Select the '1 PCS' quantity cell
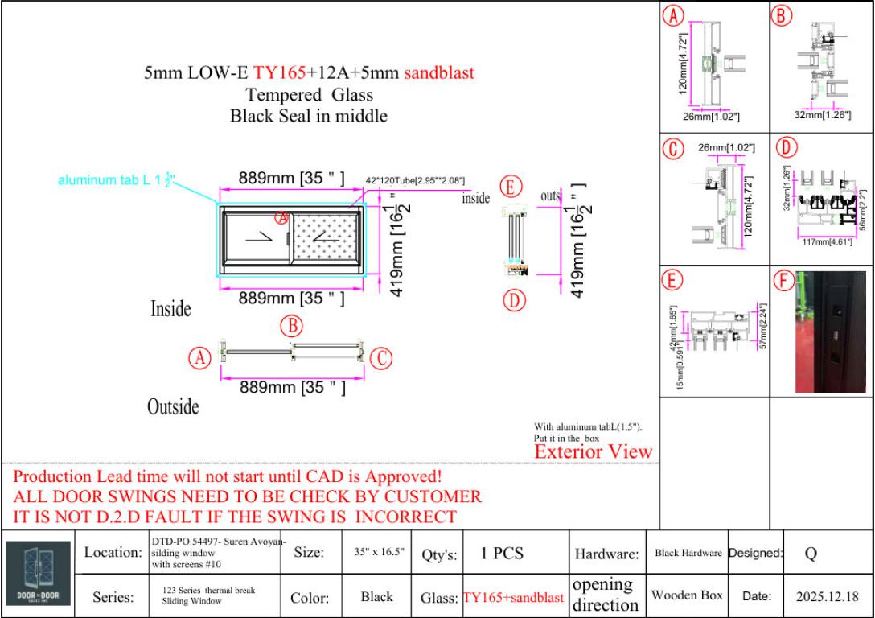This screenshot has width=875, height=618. click(x=502, y=553)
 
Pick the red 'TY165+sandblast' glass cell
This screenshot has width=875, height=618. click(x=513, y=598)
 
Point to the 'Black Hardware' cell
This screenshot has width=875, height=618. click(x=688, y=553)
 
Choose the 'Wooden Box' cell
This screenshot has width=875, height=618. click(x=687, y=595)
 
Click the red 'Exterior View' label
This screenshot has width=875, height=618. click(x=594, y=452)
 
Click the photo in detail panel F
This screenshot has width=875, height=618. click(x=831, y=332)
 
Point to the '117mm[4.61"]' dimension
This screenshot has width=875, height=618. click(x=827, y=241)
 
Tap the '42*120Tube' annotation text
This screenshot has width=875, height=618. click(x=415, y=181)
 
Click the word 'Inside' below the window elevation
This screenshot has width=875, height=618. click(x=170, y=309)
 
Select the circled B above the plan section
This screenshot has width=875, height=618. click(x=291, y=327)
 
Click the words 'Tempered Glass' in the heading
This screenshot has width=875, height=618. click(x=310, y=95)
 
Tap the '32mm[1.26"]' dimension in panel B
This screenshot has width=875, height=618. click(x=823, y=116)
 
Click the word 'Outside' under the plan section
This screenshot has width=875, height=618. click(x=173, y=407)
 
